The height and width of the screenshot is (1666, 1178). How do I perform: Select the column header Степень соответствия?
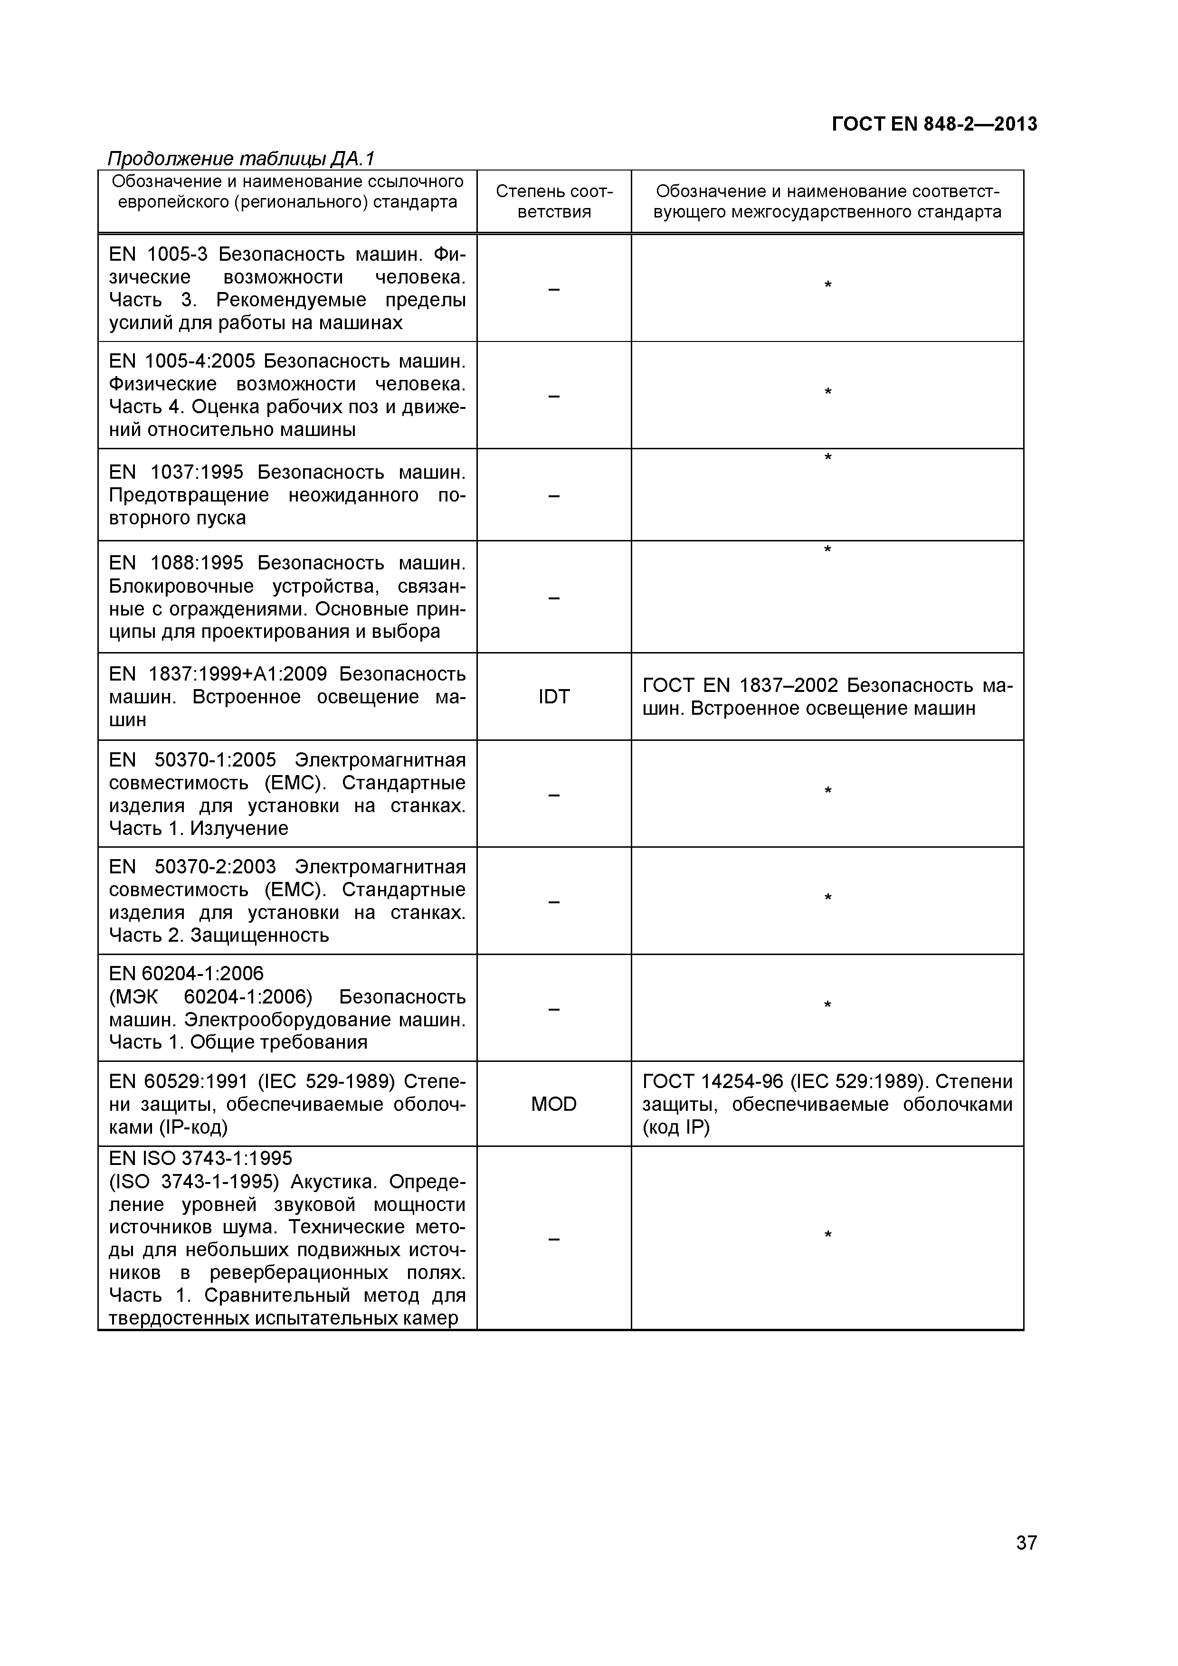point(554,202)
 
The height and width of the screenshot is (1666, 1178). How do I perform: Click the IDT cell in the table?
point(554,697)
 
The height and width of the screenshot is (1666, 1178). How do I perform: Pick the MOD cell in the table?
point(554,1104)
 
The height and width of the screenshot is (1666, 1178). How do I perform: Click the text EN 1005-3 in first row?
point(158,254)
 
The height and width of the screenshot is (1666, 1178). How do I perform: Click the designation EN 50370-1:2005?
point(192,760)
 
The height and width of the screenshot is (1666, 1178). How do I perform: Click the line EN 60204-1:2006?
point(187,973)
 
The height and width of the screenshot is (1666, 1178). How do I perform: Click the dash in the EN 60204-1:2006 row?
point(554,1009)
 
